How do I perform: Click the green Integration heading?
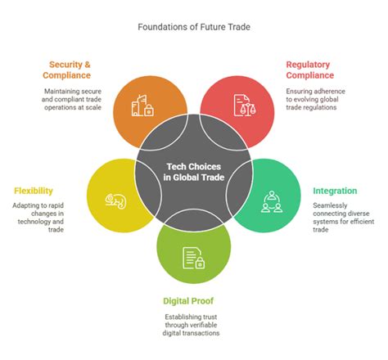(335, 191)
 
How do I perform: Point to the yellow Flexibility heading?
(34, 191)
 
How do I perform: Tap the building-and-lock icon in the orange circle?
(144, 104)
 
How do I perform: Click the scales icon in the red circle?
(242, 105)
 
